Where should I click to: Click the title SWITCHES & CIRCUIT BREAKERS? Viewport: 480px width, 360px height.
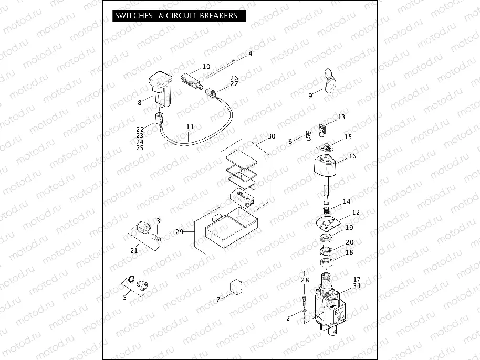point(176,16)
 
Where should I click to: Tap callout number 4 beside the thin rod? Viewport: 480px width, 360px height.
point(250,54)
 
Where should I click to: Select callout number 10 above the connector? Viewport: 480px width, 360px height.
point(206,67)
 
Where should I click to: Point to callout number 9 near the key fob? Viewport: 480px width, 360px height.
point(310,96)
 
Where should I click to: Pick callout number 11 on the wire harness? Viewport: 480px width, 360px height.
point(190,127)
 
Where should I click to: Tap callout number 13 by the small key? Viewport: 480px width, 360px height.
point(341,117)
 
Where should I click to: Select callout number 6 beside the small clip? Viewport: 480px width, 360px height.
point(290,142)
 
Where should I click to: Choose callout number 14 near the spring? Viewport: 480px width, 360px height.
point(347,202)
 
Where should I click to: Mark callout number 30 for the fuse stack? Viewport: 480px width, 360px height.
point(272,136)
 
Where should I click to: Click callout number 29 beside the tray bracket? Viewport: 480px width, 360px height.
point(179,231)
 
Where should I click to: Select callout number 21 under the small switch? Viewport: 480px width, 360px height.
point(134,251)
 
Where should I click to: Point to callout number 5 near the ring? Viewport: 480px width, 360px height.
point(124,298)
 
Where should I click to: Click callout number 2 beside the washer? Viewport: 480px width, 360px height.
point(288,319)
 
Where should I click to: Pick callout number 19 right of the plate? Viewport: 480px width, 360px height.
point(349,228)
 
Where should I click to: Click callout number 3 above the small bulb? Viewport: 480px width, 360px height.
point(158,221)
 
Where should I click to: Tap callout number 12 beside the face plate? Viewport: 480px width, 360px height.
point(356,213)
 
